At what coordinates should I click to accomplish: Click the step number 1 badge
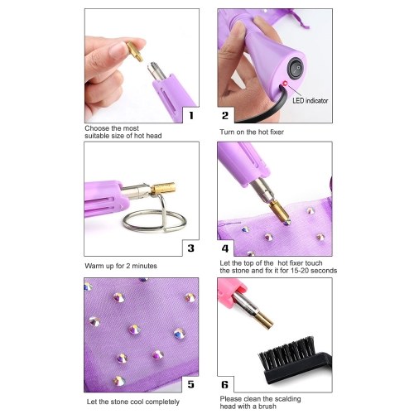(191, 115)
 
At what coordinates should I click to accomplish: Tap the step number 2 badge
(225, 115)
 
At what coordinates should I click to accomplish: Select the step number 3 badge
(190, 248)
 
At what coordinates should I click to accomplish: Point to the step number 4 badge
(225, 248)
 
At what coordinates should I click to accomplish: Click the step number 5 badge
(190, 384)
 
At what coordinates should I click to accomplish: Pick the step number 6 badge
(225, 384)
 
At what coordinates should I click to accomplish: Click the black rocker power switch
(296, 69)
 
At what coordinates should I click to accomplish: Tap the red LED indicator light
(285, 83)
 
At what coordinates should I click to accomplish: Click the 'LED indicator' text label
(310, 101)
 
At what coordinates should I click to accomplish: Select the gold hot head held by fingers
(135, 51)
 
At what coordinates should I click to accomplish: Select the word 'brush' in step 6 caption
(267, 407)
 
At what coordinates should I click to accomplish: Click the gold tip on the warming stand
(163, 188)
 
